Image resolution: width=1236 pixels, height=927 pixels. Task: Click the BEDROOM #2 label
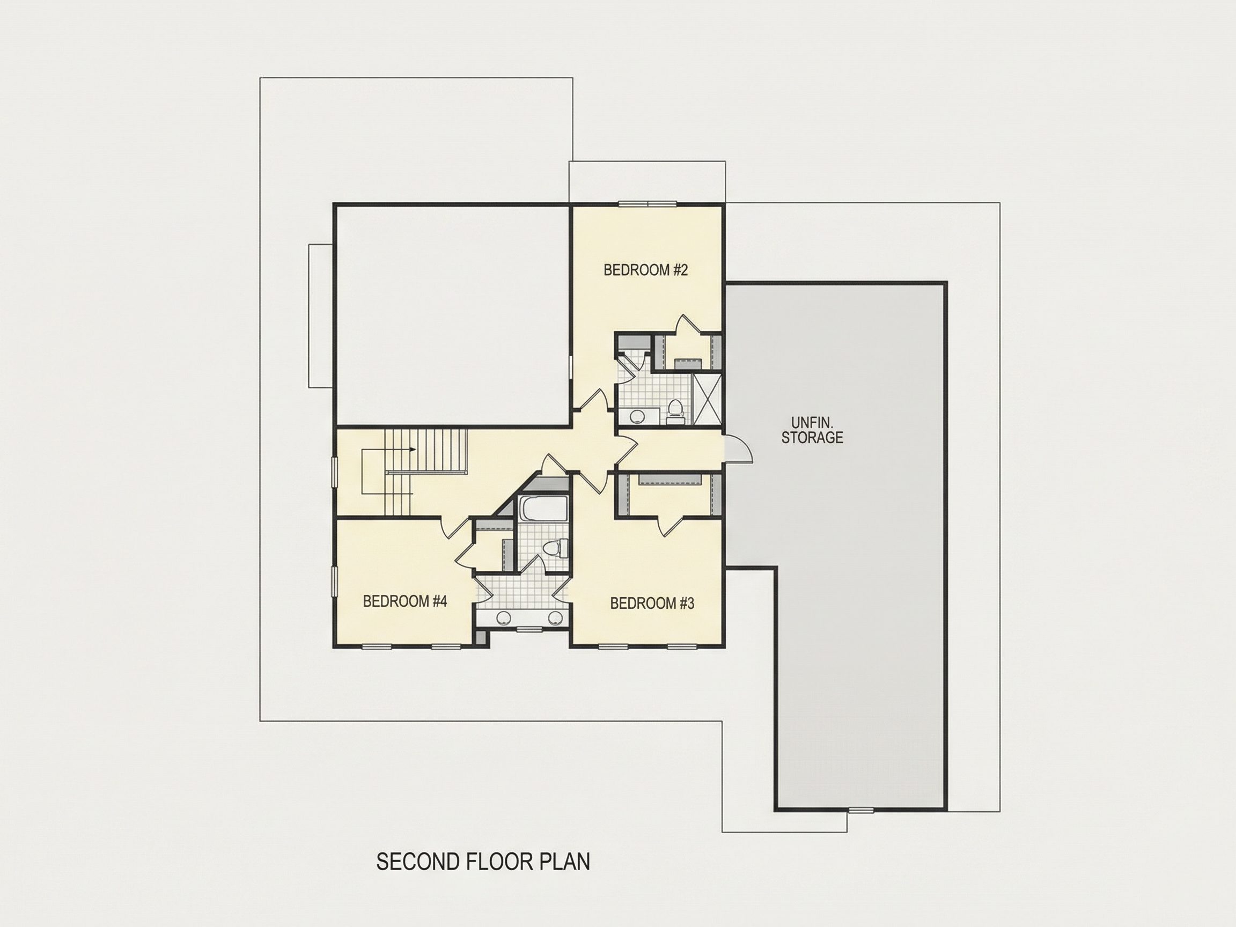645,270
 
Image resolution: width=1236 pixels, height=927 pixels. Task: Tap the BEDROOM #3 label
652,604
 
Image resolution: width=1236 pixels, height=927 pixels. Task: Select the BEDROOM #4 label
405,601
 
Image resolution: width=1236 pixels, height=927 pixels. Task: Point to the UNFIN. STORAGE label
812,430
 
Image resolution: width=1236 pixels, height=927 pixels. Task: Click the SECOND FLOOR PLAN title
483,862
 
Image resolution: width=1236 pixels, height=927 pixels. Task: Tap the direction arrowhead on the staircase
413,449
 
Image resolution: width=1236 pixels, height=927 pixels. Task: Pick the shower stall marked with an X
707,400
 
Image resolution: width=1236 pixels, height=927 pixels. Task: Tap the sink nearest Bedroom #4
504,617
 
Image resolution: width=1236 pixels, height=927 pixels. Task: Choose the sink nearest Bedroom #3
555,617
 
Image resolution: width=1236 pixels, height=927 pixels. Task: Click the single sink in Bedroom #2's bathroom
636,416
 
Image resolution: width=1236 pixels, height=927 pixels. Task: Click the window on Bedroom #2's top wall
648,204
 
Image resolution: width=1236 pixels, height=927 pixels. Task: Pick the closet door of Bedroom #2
686,325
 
